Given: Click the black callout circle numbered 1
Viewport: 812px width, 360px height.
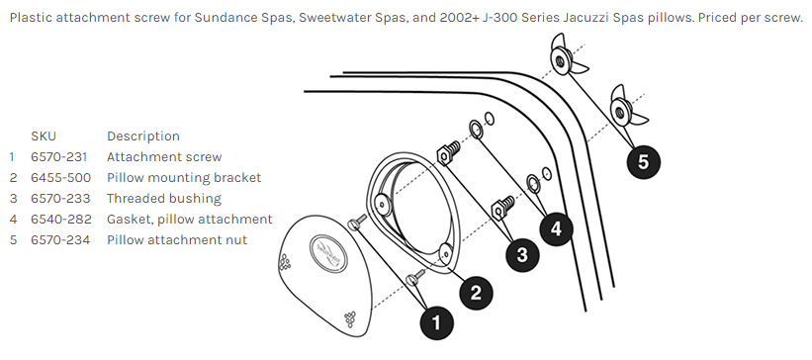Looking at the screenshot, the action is click(436, 322).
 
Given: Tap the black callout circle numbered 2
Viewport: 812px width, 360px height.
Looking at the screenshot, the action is click(476, 293).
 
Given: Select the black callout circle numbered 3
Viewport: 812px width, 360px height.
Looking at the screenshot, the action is click(522, 254).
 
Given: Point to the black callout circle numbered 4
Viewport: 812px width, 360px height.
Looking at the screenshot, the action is click(556, 228).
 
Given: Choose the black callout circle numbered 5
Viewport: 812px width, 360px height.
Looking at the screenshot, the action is click(643, 161).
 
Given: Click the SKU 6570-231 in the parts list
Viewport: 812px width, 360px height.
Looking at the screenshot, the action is click(59, 157).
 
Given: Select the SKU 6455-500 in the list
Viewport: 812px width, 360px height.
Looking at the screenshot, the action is click(60, 178).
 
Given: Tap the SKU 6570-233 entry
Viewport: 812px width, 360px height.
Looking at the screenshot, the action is click(60, 199).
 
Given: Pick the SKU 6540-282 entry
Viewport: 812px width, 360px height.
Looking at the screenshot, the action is click(61, 220).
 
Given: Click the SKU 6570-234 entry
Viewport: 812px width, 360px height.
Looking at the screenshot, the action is click(60, 239).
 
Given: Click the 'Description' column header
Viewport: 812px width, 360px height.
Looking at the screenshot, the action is click(143, 136).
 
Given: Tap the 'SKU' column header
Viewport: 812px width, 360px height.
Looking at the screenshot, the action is click(44, 136).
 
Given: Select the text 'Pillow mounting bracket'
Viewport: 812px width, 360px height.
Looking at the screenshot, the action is click(184, 178).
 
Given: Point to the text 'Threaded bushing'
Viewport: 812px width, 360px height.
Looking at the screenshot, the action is click(164, 199).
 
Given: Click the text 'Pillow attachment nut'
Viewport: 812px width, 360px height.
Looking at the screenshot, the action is click(177, 239).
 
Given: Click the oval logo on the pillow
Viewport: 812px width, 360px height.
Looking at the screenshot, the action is click(328, 253).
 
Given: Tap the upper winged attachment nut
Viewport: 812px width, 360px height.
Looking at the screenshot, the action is click(566, 55).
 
